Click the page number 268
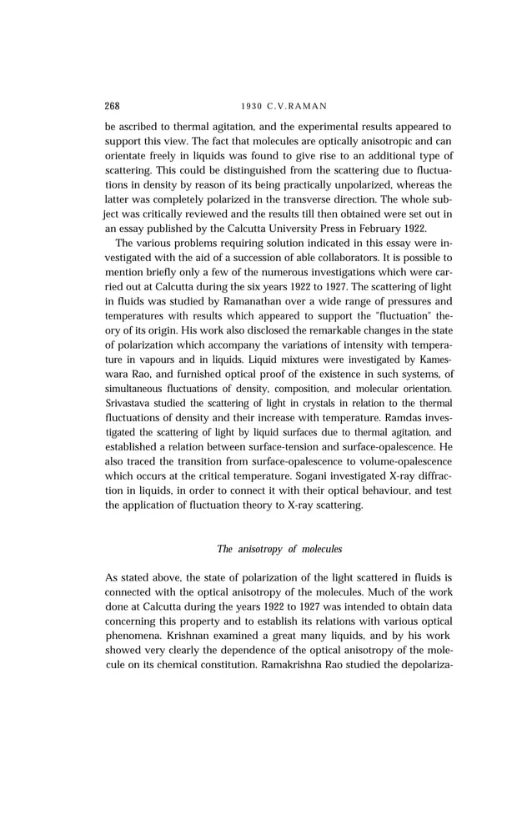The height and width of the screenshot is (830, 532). [113, 106]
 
